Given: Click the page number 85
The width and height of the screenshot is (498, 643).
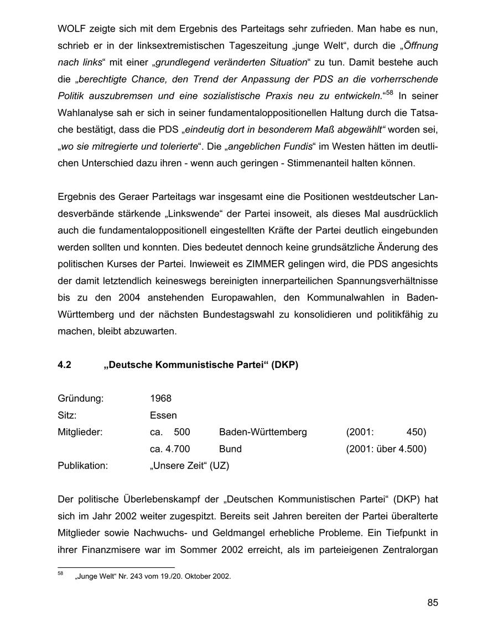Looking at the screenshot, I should click(432, 603).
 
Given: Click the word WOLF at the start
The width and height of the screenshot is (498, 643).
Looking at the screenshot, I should click(71, 28).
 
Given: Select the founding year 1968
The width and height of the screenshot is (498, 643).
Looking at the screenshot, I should click(160, 398).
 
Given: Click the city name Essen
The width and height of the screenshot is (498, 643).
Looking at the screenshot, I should click(163, 415).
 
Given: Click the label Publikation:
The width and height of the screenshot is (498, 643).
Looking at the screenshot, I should click(82, 466).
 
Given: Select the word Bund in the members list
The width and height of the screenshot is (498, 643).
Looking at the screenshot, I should click(230, 449).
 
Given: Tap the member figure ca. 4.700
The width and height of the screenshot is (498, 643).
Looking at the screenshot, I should click(170, 449).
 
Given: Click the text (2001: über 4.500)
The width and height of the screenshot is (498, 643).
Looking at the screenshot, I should click(386, 449).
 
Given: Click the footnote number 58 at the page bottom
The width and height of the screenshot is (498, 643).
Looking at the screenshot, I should click(60, 574).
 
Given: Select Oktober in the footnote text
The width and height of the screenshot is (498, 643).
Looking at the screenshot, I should click(204, 577).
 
